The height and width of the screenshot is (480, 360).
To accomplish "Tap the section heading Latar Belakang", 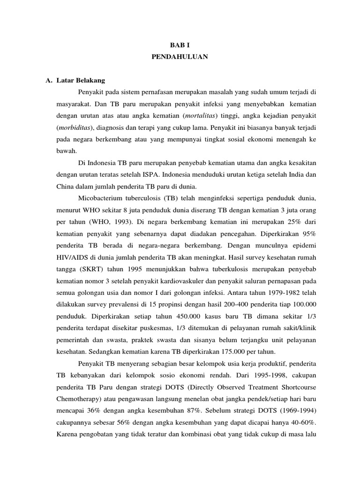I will click(x=81, y=81).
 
